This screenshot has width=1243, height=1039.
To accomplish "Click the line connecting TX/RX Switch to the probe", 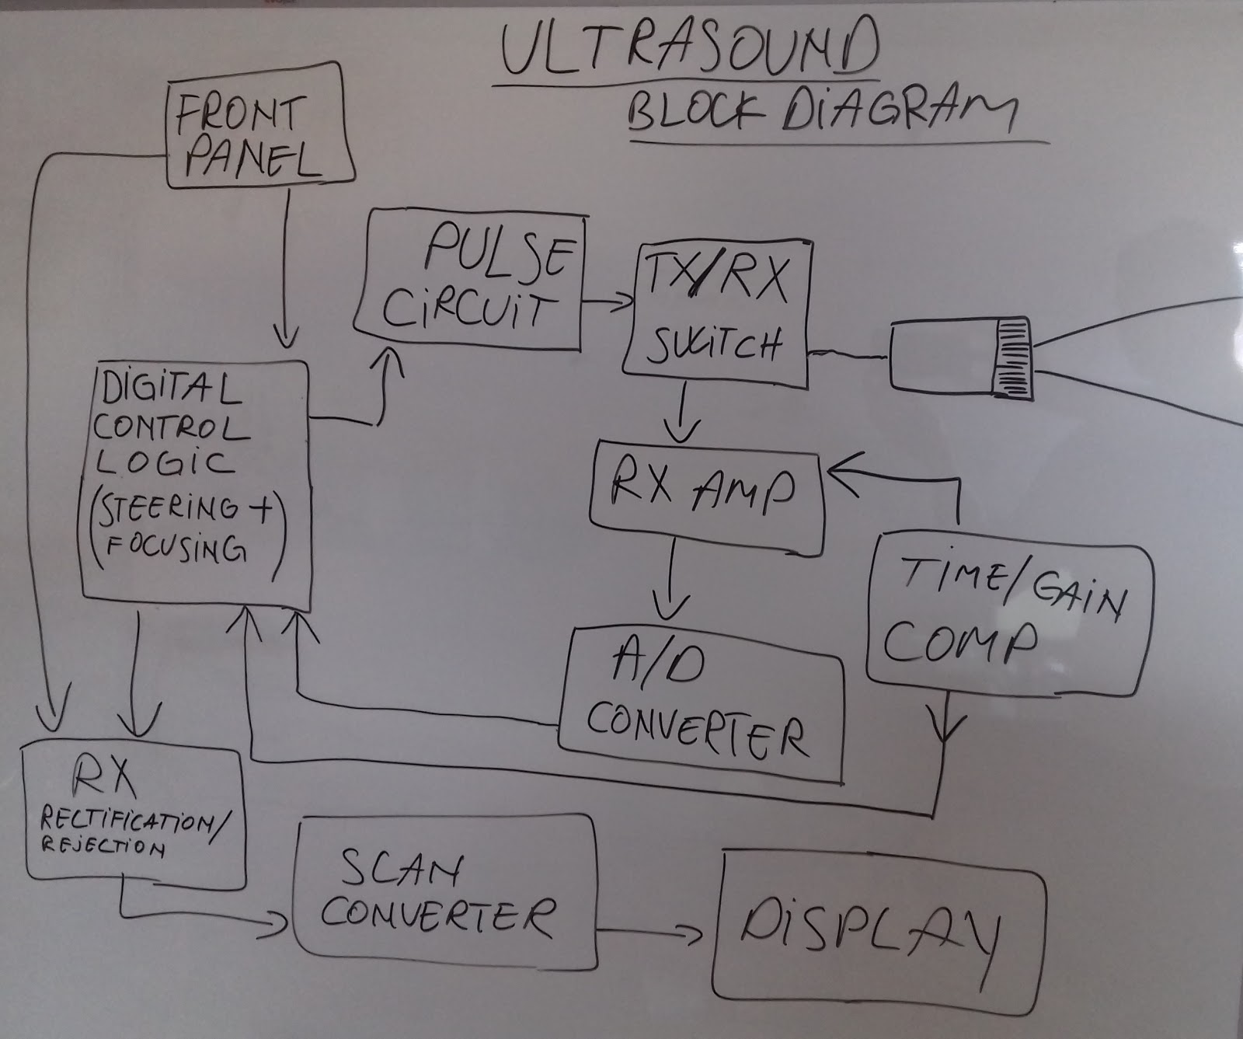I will point(848,356).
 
